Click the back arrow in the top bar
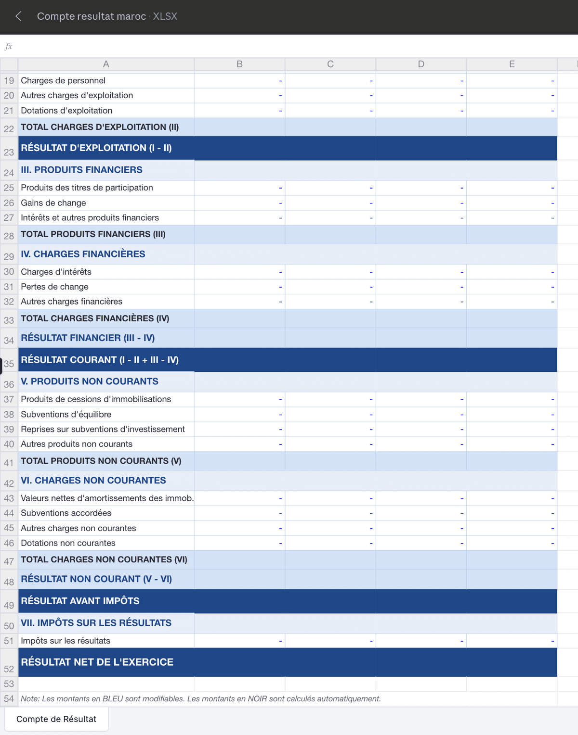point(18,16)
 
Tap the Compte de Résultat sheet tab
point(56,719)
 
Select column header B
point(239,64)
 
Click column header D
point(421,64)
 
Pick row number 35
point(9,364)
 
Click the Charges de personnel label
point(63,80)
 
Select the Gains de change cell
point(53,203)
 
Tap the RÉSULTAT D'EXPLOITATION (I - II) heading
point(96,148)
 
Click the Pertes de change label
point(54,287)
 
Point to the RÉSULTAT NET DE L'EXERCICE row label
point(97,662)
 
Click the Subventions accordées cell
point(66,513)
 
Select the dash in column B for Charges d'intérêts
point(280,272)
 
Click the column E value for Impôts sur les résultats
point(552,641)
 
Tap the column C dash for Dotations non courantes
point(371,543)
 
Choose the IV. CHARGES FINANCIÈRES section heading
point(83,254)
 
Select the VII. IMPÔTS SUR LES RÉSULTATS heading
point(96,623)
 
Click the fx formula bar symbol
point(8,47)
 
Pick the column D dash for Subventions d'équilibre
point(461,415)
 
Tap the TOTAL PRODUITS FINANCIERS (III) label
point(93,234)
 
